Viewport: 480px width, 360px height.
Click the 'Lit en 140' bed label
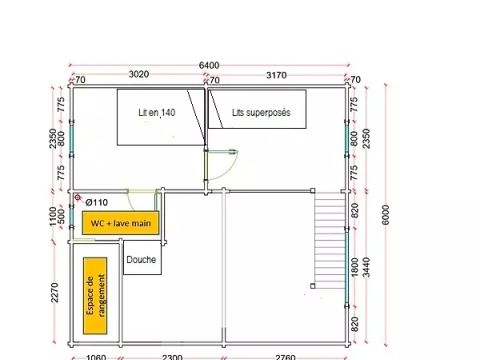pos(157,113)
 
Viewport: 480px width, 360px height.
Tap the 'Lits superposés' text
pos(261,113)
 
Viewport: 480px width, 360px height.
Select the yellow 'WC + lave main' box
pos(121,223)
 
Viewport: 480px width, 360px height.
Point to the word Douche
pos(141,259)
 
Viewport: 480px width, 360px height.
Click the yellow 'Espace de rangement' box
pos(95,296)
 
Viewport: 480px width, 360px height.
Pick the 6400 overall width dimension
pos(209,65)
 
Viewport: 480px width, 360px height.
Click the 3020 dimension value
pos(139,74)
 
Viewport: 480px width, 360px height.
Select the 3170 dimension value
pos(276,75)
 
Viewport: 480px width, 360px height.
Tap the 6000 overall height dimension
pos(385,215)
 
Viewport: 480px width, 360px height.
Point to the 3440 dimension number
pos(366,267)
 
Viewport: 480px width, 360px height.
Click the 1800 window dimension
pos(355,267)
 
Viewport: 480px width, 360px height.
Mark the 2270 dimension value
pos(55,293)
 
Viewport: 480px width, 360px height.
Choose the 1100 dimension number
pos(53,217)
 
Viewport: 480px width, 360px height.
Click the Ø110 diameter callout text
pos(97,202)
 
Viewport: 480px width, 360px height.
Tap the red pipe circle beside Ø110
pos(78,198)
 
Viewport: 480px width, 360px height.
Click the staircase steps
pos(330,239)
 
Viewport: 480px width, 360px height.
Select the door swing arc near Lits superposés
pos(230,169)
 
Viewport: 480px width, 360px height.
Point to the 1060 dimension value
pos(96,357)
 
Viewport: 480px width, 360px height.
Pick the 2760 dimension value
pos(285,357)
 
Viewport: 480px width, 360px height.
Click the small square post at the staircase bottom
pos(313,286)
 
